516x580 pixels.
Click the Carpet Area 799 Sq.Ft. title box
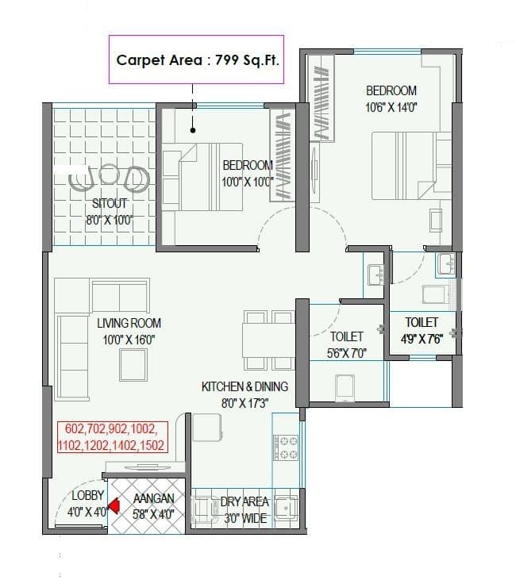pyautogui.click(x=198, y=60)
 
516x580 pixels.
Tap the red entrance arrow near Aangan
pyautogui.click(x=114, y=505)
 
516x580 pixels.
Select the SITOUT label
pyautogui.click(x=110, y=204)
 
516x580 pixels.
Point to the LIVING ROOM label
pyautogui.click(x=129, y=323)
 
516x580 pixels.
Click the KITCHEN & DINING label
pyautogui.click(x=245, y=386)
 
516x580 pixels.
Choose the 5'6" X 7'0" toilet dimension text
pyautogui.click(x=348, y=354)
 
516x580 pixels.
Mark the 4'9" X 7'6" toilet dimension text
pyautogui.click(x=421, y=338)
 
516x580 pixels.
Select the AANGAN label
pyautogui.click(x=148, y=498)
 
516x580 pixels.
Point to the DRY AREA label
pyautogui.click(x=245, y=501)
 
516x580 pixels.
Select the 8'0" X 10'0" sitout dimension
pyautogui.click(x=110, y=220)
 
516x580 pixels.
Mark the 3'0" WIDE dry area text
pyautogui.click(x=245, y=517)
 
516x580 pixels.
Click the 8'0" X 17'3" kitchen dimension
pyautogui.click(x=245, y=402)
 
